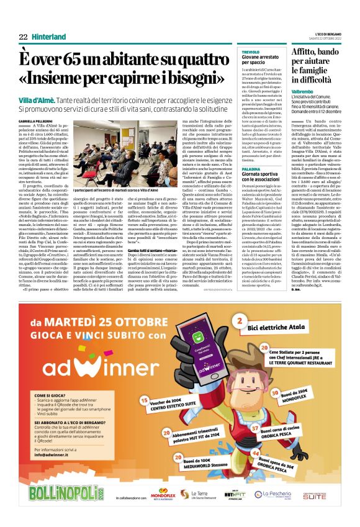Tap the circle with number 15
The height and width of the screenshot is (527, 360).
[x=144, y=401]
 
